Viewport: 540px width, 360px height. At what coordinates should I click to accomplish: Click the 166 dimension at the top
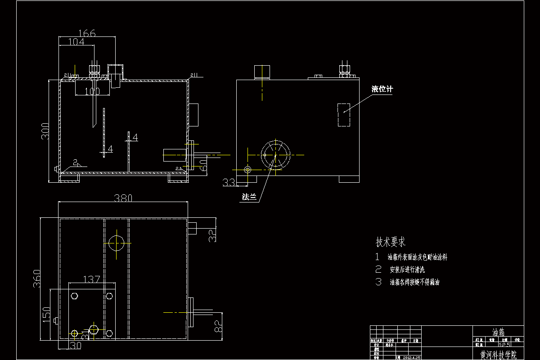point(87,33)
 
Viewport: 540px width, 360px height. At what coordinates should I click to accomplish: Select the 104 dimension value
point(76,42)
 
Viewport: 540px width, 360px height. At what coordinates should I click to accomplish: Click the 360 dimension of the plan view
point(37,278)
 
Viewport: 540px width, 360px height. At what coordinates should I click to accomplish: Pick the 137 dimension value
point(92,280)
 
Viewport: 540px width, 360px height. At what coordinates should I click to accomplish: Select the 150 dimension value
point(46,314)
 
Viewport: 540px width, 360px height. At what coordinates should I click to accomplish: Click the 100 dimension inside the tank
point(92,91)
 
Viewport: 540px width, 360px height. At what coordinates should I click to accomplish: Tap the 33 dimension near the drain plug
point(229,182)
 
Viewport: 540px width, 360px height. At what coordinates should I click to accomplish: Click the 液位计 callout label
point(382,89)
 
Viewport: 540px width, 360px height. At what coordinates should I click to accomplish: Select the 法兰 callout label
point(248,197)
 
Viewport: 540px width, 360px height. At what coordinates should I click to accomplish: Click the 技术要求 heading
point(391,242)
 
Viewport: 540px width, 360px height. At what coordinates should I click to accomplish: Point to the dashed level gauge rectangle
point(344,115)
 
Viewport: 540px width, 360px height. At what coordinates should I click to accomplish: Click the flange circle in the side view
point(275,154)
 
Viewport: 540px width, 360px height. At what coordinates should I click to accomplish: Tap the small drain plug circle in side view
point(247,169)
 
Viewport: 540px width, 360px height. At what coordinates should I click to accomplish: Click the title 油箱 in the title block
point(498,333)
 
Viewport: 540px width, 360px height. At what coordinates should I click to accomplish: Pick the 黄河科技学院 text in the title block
point(498,355)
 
